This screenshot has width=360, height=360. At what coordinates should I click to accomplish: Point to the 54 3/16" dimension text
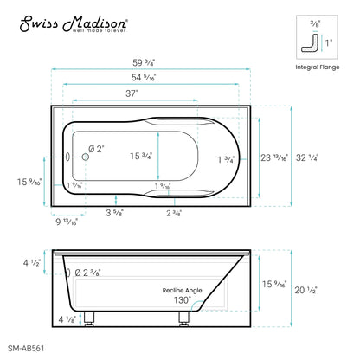155,79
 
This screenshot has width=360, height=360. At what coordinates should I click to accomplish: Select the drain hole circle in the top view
87,157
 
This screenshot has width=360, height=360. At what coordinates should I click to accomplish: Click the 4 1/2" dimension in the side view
29,264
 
